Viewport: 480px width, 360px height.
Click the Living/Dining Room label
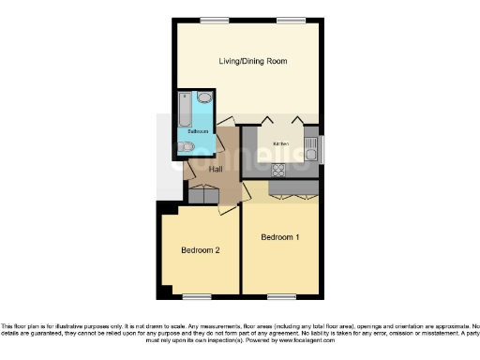coord(252,61)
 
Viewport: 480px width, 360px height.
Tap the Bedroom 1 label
coord(279,237)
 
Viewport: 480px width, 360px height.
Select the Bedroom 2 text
coord(201,250)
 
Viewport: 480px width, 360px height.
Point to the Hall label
coord(215,169)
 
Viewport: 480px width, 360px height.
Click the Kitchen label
coord(281,143)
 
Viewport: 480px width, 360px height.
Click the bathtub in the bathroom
coord(185,112)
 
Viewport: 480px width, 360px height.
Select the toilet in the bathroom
coord(186,146)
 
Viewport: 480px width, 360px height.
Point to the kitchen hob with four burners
coord(278,170)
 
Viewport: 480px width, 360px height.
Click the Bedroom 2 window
coord(196,297)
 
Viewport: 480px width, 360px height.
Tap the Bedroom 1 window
coord(279,297)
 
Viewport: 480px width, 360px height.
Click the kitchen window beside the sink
coord(322,148)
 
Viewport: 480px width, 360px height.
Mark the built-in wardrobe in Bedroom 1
coord(294,189)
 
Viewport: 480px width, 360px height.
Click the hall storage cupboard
coord(202,195)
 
